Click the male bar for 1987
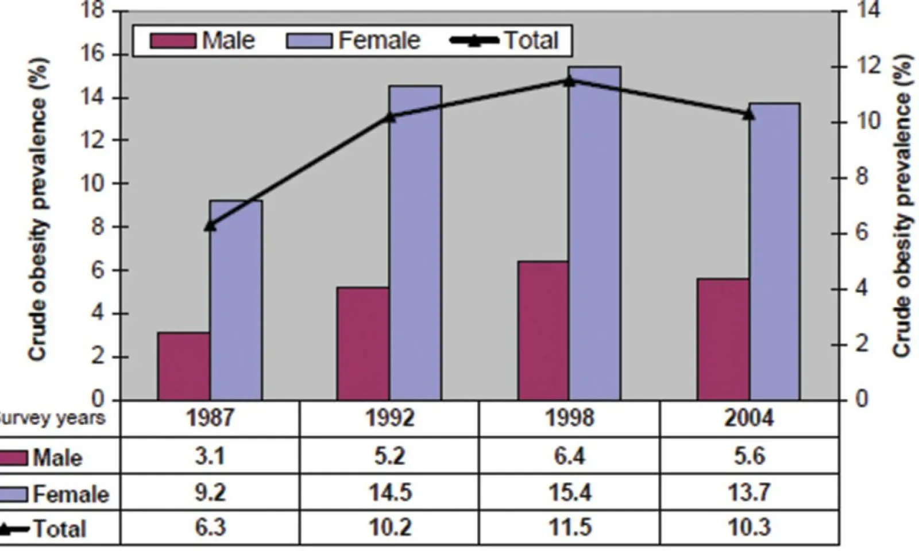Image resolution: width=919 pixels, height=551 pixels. point(183,366)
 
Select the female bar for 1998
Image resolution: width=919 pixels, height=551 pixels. point(594,233)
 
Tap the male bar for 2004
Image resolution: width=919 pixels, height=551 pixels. point(723,339)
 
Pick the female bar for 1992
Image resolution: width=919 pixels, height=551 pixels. point(415,243)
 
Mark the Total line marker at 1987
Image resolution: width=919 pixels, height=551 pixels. point(210,225)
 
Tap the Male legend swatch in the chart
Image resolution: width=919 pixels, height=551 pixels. point(172,41)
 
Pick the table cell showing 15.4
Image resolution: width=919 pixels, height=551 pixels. point(569,492)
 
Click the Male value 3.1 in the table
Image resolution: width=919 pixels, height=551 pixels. point(210,456)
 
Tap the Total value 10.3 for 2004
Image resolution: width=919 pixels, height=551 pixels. point(748,527)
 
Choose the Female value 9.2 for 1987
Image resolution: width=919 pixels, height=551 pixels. point(210,492)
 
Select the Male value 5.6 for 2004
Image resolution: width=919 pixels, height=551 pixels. point(748,456)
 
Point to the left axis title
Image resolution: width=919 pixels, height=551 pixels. point(38,209)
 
